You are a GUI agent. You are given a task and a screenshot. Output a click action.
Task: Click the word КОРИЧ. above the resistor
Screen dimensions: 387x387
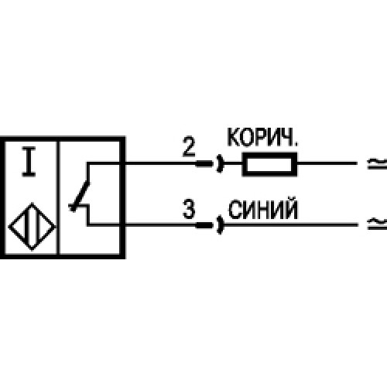[x=262, y=137]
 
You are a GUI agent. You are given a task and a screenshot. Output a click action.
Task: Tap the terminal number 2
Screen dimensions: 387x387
[x=189, y=146]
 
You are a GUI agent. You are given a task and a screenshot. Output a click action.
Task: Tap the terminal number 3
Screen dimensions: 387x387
[x=189, y=209]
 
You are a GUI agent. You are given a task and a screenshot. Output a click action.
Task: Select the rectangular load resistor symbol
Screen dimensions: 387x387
[x=269, y=164]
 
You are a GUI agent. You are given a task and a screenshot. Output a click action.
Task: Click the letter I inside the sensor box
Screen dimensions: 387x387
[x=29, y=162]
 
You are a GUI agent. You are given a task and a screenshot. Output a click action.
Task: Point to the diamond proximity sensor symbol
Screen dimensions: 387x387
[x=32, y=227]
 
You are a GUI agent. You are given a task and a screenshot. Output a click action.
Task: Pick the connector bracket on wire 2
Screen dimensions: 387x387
[x=220, y=163]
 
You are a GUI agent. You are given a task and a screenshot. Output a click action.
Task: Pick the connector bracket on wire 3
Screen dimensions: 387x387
[x=220, y=225]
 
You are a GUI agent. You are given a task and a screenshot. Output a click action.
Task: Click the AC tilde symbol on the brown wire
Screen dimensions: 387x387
[x=377, y=163]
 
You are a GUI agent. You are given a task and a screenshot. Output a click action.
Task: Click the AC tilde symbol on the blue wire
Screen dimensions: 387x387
[x=377, y=223]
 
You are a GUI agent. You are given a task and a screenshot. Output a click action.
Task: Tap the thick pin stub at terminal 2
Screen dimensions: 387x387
[x=204, y=163]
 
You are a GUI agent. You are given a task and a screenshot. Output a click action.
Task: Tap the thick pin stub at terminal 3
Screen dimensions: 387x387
[x=204, y=225]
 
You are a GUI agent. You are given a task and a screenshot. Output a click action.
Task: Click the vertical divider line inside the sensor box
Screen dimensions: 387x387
[x=59, y=197]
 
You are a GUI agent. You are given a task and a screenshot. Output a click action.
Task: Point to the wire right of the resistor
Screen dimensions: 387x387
[x=327, y=163]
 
